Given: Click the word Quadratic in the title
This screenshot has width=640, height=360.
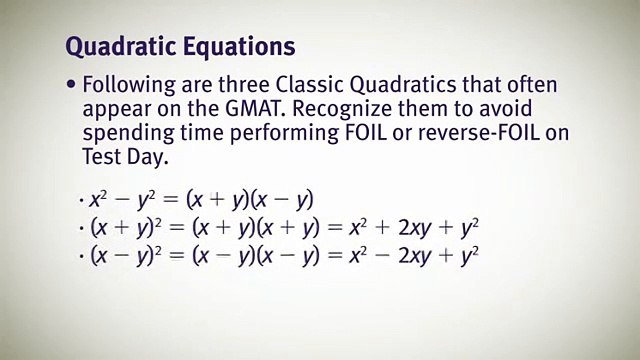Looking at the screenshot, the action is [121, 47].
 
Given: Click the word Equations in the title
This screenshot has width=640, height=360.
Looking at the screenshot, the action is [239, 46].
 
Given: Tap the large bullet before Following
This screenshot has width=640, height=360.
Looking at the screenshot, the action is [71, 84].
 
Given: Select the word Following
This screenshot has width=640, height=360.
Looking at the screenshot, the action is [129, 86].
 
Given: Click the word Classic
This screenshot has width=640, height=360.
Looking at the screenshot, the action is [309, 85].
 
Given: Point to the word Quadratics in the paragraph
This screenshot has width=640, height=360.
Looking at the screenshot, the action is [403, 85].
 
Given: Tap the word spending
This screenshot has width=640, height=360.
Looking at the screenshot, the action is [129, 134].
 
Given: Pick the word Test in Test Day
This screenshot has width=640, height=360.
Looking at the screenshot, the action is [102, 157].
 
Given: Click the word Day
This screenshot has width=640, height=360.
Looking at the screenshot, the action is [148, 158].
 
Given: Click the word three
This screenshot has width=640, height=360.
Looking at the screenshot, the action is [244, 85].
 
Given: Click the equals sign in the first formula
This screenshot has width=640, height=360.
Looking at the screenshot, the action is [171, 200].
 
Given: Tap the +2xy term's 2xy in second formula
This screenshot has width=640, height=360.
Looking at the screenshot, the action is [415, 228].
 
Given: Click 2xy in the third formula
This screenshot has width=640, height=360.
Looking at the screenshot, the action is [415, 256].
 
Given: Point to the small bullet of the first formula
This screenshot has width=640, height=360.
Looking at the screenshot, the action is [82, 200].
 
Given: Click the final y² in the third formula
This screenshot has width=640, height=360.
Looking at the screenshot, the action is [470, 255].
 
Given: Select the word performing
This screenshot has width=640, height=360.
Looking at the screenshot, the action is [284, 134].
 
